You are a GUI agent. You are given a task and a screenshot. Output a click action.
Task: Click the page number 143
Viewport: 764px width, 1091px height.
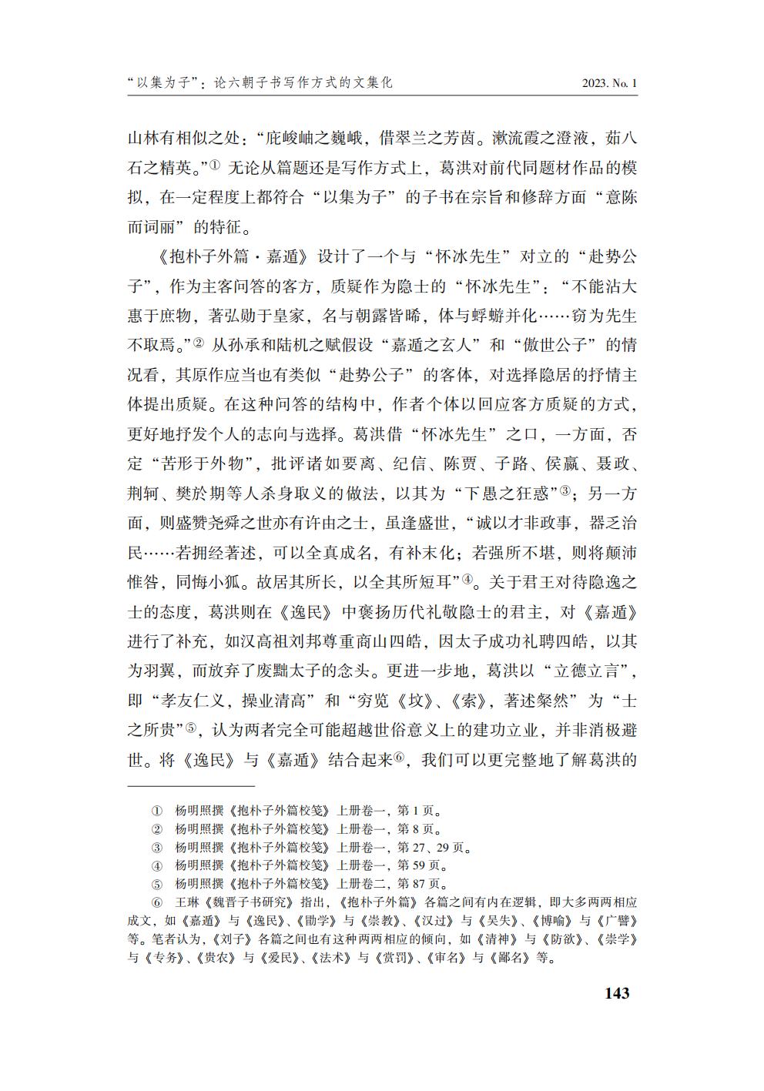pyautogui.click(x=617, y=992)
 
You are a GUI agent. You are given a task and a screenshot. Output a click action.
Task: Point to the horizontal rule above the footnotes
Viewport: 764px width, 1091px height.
pyautogui.click(x=190, y=787)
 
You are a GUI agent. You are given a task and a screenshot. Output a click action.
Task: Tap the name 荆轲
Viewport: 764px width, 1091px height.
pyautogui.click(x=143, y=494)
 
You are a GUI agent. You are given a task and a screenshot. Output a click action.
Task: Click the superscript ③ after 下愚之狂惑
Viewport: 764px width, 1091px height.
pyautogui.click(x=564, y=490)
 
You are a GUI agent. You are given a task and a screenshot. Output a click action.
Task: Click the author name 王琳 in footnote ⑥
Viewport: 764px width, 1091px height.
pyautogui.click(x=187, y=902)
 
